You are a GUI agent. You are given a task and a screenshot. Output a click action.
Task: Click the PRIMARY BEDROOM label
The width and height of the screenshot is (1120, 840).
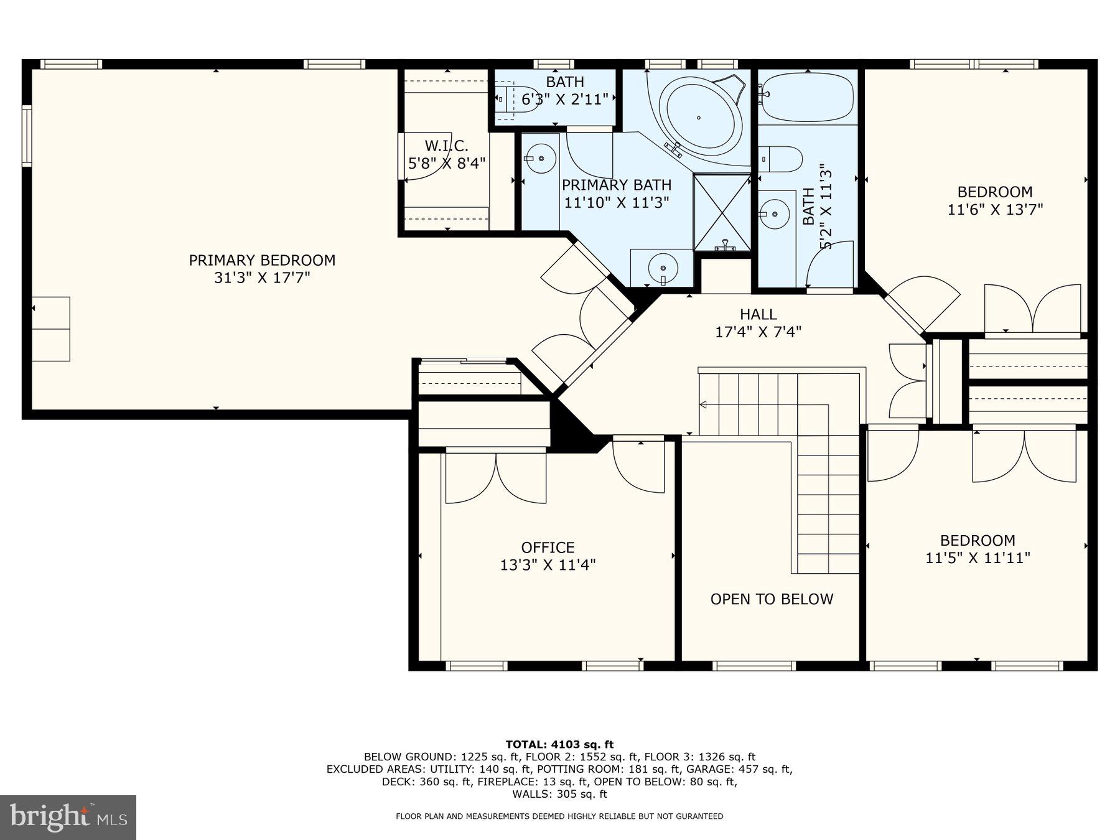pyautogui.click(x=262, y=260)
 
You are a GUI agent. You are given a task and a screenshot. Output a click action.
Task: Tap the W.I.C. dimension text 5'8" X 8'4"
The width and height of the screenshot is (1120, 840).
pyautogui.click(x=446, y=164)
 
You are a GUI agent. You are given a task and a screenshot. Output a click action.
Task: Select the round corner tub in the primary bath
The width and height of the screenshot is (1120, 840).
pyautogui.click(x=699, y=117)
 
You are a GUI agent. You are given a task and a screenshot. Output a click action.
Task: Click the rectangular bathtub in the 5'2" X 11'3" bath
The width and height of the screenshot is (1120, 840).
pyautogui.click(x=807, y=97)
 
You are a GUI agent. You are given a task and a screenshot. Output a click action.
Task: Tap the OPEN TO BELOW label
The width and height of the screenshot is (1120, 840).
pyautogui.click(x=772, y=599)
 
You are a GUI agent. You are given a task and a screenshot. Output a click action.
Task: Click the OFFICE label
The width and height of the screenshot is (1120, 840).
pyautogui.click(x=548, y=547)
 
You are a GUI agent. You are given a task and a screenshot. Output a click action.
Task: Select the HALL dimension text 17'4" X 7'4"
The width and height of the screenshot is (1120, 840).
pyautogui.click(x=758, y=332)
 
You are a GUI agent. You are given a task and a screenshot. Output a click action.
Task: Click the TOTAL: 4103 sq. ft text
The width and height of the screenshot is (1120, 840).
pyautogui.click(x=559, y=744)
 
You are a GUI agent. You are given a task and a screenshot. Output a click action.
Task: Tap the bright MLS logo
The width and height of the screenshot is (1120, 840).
pyautogui.click(x=68, y=817)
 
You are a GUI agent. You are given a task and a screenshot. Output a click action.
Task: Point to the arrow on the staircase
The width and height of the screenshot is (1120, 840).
pyautogui.click(x=703, y=405)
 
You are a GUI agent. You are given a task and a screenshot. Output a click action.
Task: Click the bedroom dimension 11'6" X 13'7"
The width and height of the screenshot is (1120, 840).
pyautogui.click(x=994, y=210)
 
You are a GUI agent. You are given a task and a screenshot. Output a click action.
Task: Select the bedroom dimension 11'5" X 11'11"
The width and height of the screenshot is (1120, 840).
pyautogui.click(x=977, y=558)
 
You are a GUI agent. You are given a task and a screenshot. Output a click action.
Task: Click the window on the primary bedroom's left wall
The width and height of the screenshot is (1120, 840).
pyautogui.click(x=26, y=135)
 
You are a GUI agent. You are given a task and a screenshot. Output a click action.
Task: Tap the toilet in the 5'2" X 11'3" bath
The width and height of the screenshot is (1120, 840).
pyautogui.click(x=780, y=159)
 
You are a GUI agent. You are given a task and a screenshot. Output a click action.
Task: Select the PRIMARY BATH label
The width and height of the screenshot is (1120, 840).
pyautogui.click(x=616, y=185)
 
